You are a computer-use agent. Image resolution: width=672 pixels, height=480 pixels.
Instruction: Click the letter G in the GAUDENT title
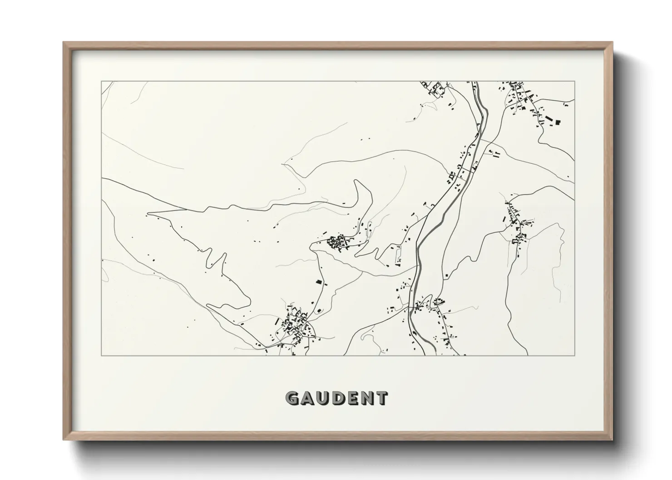292,398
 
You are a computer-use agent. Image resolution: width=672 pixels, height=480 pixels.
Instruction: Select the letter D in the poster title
336,398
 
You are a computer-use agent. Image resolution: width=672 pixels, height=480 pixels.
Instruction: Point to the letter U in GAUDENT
321,398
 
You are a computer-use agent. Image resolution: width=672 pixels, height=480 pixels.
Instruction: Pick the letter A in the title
307,398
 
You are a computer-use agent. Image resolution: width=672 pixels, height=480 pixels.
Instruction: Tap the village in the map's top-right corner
522,98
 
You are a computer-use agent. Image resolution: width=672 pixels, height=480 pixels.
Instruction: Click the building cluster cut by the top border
434,88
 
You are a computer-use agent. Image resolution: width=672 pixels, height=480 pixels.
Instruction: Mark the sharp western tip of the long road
149,212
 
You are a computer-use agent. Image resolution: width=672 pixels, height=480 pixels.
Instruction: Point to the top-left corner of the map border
101,82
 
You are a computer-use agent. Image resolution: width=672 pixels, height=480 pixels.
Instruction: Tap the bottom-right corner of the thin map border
575,355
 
